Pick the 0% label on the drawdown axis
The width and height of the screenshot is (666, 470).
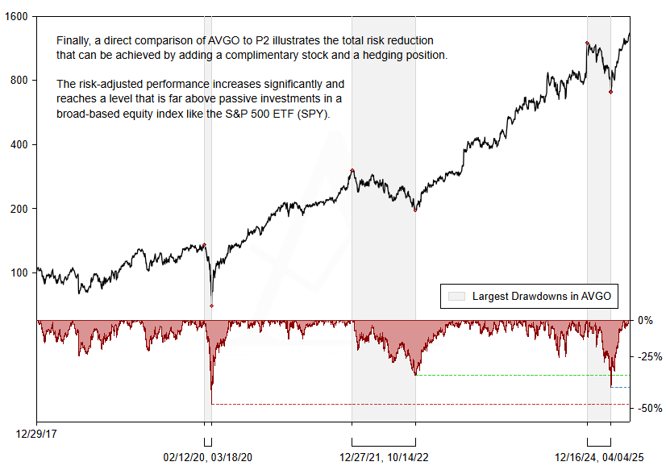(646, 320)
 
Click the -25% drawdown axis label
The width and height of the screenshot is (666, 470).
(649, 356)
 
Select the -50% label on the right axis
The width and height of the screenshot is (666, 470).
(649, 409)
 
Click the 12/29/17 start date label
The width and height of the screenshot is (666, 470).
(36, 433)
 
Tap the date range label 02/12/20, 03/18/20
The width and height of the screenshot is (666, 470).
(207, 456)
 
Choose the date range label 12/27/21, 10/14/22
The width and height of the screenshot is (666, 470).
(383, 456)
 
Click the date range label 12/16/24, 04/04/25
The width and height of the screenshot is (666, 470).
(598, 456)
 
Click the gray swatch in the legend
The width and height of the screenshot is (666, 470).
(456, 297)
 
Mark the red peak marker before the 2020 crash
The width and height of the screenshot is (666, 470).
(204, 245)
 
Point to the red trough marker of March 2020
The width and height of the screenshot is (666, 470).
(211, 306)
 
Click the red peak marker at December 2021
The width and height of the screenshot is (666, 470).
(352, 170)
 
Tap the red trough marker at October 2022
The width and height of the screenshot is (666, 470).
(415, 210)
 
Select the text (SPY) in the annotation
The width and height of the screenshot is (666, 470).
(313, 114)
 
